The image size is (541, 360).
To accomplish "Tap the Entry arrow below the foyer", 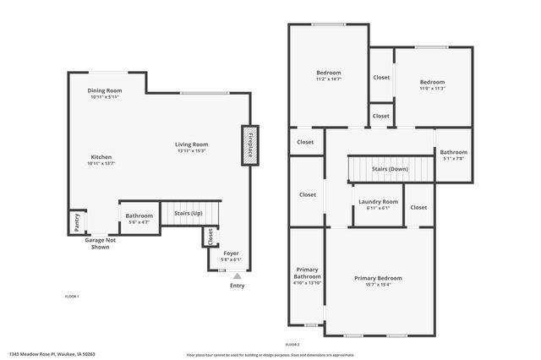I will point(237,275).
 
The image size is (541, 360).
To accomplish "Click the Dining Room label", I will point(106,90).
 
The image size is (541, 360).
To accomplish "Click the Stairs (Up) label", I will point(189,214).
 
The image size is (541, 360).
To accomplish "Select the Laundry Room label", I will point(378,201).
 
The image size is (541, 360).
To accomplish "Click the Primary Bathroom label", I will point(307,273).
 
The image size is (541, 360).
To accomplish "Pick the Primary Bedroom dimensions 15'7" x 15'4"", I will point(378,284).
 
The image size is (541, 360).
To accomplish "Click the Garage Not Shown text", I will point(97,243).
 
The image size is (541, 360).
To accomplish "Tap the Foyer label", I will point(231,254).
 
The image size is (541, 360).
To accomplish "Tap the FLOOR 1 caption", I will point(72,296).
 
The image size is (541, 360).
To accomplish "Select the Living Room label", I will point(192,145).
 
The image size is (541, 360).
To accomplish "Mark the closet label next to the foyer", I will point(210,238).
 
